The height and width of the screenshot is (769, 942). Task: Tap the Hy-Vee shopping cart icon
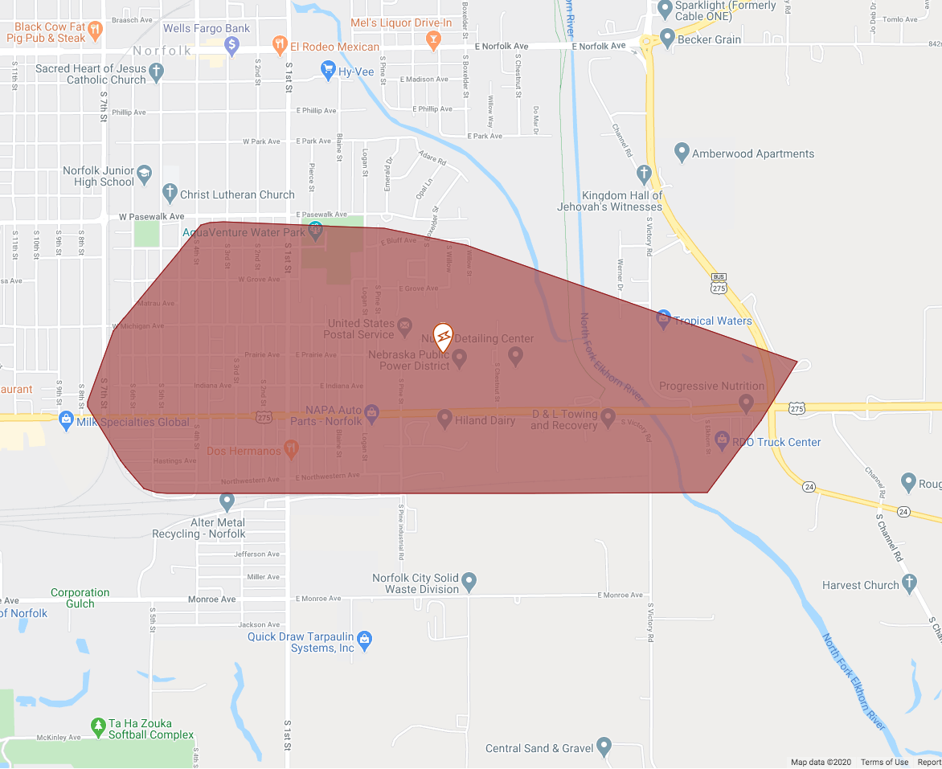tap(327, 71)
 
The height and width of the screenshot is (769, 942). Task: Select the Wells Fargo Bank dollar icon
tap(232, 46)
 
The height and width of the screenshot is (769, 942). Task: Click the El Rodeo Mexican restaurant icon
tap(280, 45)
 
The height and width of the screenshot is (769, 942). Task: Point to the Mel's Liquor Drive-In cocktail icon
tap(433, 39)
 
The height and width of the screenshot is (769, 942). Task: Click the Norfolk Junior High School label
tap(98, 176)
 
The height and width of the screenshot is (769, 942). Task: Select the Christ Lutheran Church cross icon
tap(169, 193)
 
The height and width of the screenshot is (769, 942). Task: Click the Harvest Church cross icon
tap(909, 583)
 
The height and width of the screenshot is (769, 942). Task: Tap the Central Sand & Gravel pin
tap(604, 747)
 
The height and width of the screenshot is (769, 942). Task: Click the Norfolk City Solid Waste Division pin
tap(469, 580)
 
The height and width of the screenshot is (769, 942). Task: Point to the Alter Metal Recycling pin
tap(227, 501)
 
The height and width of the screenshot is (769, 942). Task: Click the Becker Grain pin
tap(666, 37)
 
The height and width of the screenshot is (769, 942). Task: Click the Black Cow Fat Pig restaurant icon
tap(96, 31)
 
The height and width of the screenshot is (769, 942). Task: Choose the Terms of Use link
tap(884, 763)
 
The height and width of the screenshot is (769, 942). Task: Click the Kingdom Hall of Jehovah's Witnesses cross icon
tap(643, 173)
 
